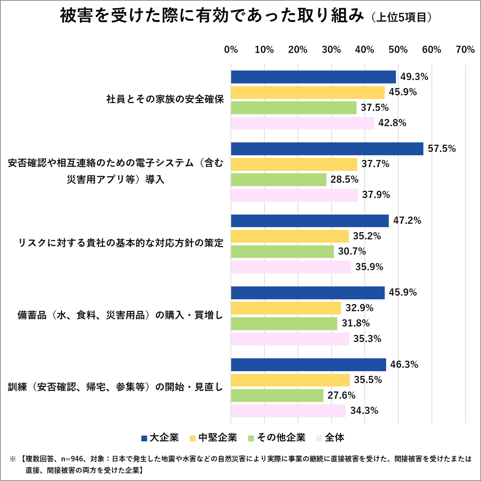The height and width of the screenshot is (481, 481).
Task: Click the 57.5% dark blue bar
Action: pos(327,149)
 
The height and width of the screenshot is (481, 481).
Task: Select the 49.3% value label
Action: pos(414,77)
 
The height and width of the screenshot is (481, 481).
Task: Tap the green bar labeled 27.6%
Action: pos(277,395)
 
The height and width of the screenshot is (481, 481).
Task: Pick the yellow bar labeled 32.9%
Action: pos(286,308)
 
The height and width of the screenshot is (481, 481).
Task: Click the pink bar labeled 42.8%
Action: pos(302,123)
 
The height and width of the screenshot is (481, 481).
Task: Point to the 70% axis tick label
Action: pos(465,50)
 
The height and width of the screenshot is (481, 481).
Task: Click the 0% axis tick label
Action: pos(231,50)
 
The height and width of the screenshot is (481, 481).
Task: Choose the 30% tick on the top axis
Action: pos(331,50)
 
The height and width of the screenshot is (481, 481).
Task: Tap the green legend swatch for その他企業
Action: pos(251,438)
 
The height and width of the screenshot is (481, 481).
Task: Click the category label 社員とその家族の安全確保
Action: pos(165,99)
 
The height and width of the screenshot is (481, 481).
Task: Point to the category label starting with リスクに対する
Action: pos(121,243)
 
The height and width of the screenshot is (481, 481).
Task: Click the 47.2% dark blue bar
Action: pos(310,221)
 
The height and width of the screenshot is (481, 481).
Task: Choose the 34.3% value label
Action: pos(364,411)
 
